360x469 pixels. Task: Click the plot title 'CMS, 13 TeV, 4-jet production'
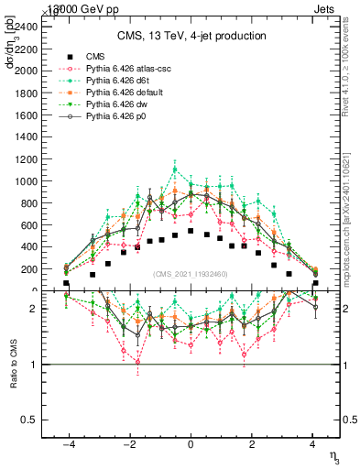[x=191, y=36]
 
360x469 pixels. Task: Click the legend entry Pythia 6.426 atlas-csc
[x=127, y=69]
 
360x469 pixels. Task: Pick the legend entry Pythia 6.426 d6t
[x=120, y=81]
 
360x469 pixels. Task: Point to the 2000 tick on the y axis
[x=29, y=71]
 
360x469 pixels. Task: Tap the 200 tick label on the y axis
[x=32, y=269]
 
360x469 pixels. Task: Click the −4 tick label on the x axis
[x=66, y=446]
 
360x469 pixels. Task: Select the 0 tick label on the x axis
[x=191, y=446]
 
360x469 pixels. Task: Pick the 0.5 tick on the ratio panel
[x=29, y=420]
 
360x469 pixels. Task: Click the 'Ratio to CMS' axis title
[x=13, y=364]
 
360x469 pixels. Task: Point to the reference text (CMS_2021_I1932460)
[x=190, y=274]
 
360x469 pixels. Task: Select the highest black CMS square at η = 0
[x=190, y=231]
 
